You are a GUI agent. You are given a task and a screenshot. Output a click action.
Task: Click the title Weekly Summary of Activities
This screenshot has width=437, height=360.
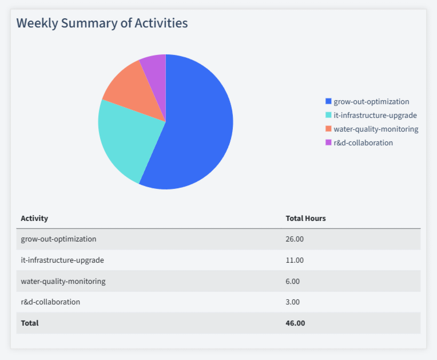pyautogui.click(x=102, y=23)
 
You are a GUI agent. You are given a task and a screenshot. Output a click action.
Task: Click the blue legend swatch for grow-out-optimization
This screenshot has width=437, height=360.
pyautogui.click(x=328, y=101)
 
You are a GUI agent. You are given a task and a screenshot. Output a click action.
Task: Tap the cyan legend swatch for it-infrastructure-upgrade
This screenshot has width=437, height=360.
pyautogui.click(x=328, y=115)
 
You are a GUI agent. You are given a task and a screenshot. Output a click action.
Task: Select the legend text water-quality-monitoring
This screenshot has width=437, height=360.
pyautogui.click(x=376, y=129)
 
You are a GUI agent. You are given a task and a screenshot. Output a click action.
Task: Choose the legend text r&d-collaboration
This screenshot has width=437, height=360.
pyautogui.click(x=363, y=143)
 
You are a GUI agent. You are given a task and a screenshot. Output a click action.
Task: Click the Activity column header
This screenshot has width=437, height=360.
pyautogui.click(x=34, y=218)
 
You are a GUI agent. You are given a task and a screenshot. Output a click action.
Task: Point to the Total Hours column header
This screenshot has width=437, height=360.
pyautogui.click(x=305, y=218)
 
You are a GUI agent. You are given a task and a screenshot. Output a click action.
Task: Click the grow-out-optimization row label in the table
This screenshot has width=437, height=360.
pyautogui.click(x=58, y=239)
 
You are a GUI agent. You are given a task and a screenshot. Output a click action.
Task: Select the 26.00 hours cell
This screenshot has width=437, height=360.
pyautogui.click(x=295, y=239)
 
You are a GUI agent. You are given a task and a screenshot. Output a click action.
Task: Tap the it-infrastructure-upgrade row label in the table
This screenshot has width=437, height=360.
pyautogui.click(x=62, y=260)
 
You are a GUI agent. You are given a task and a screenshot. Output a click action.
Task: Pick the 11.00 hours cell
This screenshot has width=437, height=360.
pyautogui.click(x=295, y=260)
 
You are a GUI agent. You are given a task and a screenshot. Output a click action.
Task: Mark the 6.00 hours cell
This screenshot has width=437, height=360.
pyautogui.click(x=292, y=281)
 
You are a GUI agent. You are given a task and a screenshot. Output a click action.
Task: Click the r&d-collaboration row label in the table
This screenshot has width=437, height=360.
pyautogui.click(x=50, y=302)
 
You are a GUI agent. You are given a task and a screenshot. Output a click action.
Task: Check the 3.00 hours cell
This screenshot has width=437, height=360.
pyautogui.click(x=292, y=302)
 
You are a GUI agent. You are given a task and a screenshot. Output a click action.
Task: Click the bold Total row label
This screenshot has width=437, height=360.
pyautogui.click(x=30, y=323)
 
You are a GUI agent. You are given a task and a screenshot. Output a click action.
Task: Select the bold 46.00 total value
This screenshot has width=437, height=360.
pyautogui.click(x=295, y=323)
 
